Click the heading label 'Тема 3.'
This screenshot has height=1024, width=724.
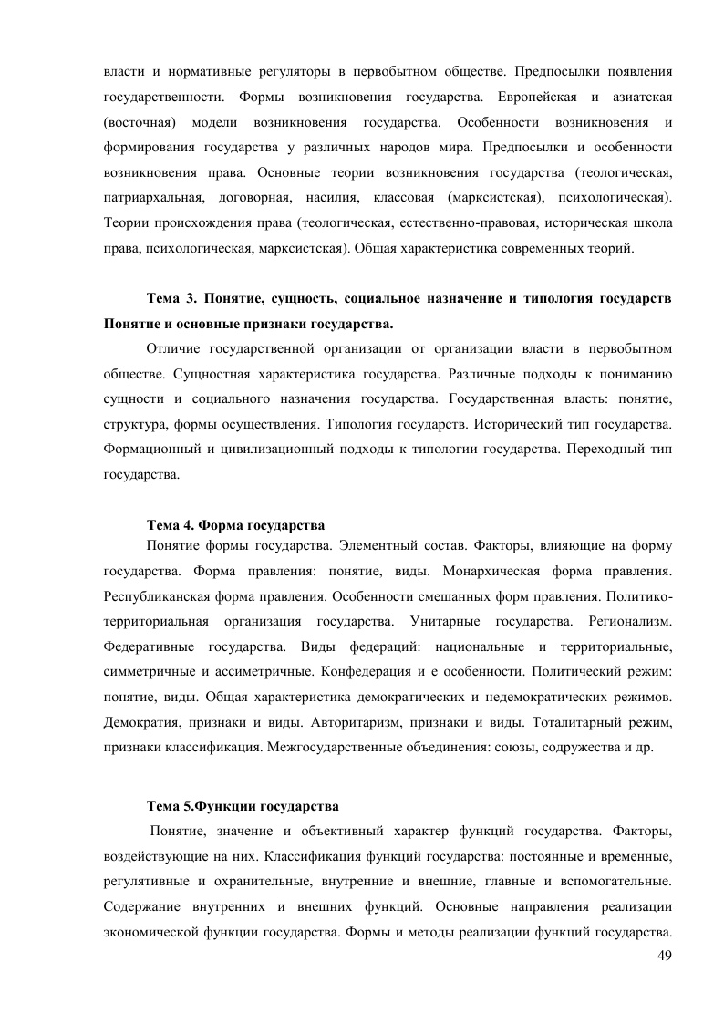point(171,300)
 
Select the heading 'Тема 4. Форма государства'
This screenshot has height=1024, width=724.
point(236,524)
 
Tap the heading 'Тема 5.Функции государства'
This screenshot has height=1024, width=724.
point(243,806)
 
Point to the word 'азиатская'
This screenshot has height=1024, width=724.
point(640,96)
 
